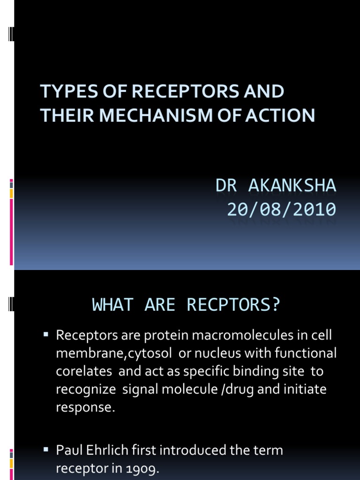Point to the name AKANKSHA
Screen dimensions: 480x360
click(292, 186)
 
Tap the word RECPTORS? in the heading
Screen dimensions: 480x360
click(233, 305)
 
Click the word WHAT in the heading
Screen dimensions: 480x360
click(111, 305)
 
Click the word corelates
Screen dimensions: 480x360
click(84, 371)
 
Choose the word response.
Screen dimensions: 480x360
click(85, 407)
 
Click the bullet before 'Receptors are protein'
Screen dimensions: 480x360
click(46, 334)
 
